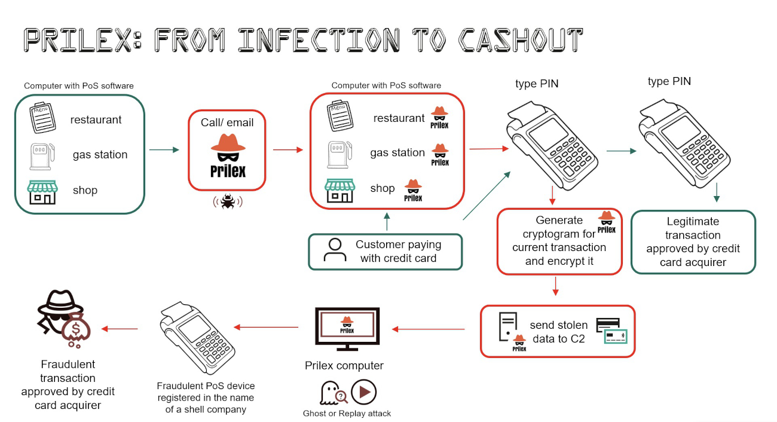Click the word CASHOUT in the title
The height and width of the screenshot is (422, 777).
(x=520, y=40)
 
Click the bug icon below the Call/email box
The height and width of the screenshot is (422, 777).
(x=228, y=201)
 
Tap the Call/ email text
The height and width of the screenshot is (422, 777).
(x=227, y=123)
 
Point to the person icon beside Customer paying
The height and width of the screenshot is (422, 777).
(x=335, y=250)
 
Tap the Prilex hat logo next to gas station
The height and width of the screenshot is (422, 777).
(x=440, y=154)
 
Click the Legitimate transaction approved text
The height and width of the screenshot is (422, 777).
(x=693, y=241)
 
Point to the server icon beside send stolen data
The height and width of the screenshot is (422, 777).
(x=507, y=328)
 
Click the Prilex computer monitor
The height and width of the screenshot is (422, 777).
(x=347, y=329)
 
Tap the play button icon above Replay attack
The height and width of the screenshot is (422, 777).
(x=364, y=393)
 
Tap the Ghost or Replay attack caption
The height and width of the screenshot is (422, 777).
(x=347, y=413)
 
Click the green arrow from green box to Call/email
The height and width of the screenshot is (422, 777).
(x=164, y=149)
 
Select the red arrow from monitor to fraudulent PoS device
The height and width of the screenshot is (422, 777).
(x=267, y=327)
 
